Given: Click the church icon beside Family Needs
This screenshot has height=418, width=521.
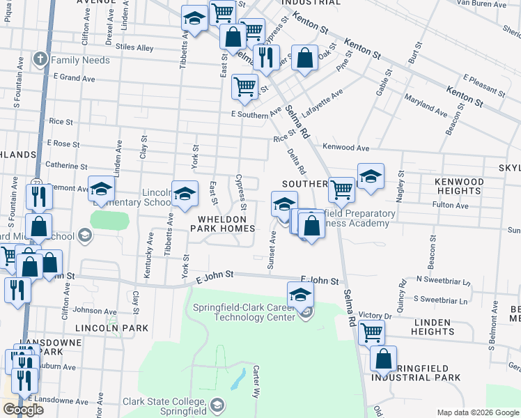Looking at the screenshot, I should pyautogui.click(x=42, y=60).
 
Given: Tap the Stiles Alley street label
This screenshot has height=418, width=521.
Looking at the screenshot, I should pyautogui.click(x=136, y=48).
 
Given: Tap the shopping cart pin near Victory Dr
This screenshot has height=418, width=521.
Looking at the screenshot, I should pyautogui.click(x=371, y=332).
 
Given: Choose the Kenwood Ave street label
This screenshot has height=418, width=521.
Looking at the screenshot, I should pyautogui.click(x=345, y=148).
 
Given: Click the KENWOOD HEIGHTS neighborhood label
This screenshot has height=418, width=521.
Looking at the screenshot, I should pyautogui.click(x=458, y=186).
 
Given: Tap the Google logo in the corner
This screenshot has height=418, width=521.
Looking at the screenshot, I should pyautogui.click(x=22, y=410).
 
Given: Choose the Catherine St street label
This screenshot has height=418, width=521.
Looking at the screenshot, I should pyautogui.click(x=65, y=166).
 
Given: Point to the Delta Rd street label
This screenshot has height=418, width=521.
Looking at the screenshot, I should pyautogui.click(x=296, y=160).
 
